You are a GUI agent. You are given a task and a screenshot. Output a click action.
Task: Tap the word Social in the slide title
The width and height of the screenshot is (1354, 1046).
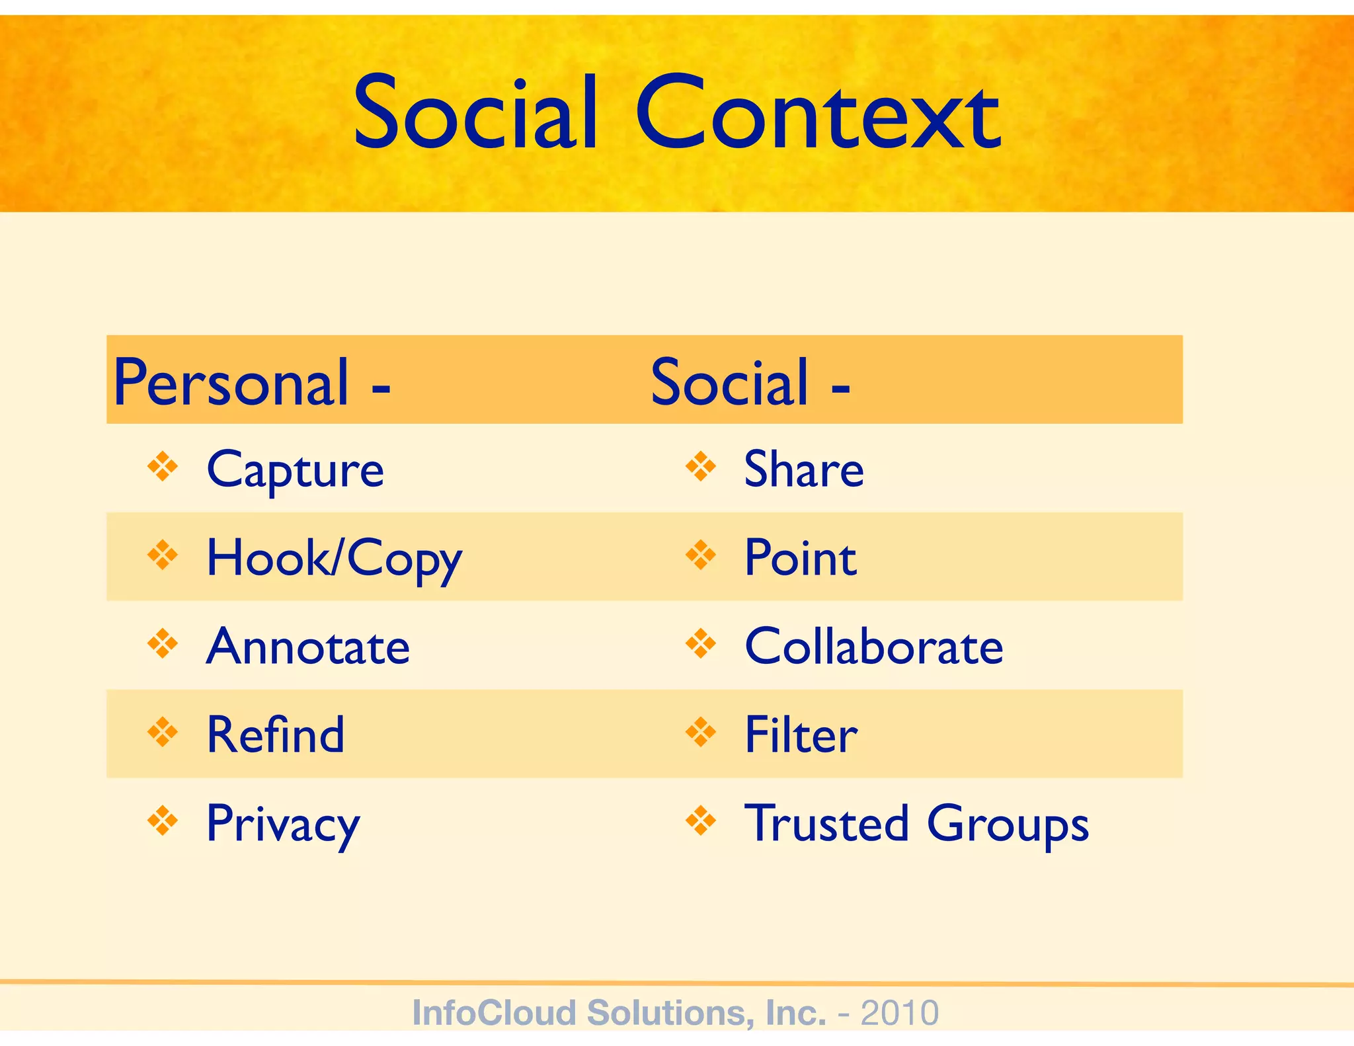[x=476, y=114]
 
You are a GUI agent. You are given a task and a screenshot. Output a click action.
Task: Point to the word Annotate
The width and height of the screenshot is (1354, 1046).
[x=308, y=647]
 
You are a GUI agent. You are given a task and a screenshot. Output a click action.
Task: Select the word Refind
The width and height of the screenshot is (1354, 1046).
[x=276, y=735]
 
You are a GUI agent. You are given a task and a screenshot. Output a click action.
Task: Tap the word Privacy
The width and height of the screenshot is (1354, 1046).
[x=283, y=825]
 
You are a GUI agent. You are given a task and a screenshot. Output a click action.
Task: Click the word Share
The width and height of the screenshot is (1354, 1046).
[x=804, y=469]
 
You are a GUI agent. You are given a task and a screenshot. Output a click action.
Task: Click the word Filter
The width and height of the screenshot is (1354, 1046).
[x=801, y=735]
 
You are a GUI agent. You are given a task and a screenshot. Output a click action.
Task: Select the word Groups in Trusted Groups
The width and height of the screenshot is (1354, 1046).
[x=1008, y=825]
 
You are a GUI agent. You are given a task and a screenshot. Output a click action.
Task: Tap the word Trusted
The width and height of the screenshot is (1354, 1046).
[x=827, y=823]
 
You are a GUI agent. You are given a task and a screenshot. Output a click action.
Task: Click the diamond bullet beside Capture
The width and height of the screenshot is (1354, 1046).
[x=163, y=467]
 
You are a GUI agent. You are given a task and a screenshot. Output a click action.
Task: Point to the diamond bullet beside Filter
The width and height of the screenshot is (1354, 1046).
[x=701, y=733]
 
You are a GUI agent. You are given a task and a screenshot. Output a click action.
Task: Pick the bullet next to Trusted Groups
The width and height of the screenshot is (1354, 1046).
[x=701, y=821]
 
